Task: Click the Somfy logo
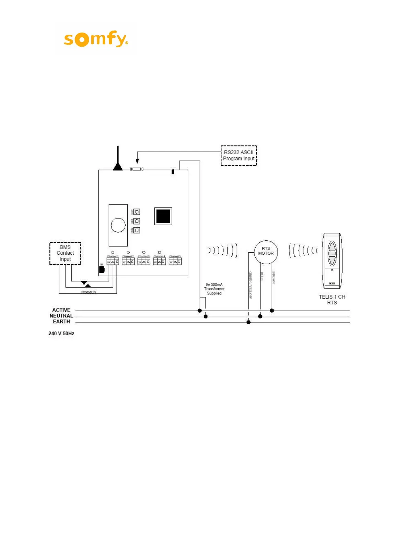pos(96,39)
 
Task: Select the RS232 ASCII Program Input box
pos(239,156)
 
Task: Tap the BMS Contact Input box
pos(65,253)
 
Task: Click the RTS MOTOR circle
pos(266,252)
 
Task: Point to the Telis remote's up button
pos(332,247)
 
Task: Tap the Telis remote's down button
pos(332,260)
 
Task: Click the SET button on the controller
pos(137,221)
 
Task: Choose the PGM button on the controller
pos(137,230)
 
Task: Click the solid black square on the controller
pos(163,216)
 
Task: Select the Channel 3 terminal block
pos(144,262)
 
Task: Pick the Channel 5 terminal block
pos(175,262)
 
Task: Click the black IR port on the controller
pos(102,269)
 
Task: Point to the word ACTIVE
pos(61,310)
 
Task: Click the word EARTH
pos(61,322)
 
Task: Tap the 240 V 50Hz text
pos(61,334)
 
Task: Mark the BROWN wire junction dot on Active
pos(272,311)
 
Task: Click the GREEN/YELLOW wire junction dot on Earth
pos(248,322)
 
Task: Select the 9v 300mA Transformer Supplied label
pos(214,289)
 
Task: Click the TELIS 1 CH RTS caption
pos(332,300)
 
